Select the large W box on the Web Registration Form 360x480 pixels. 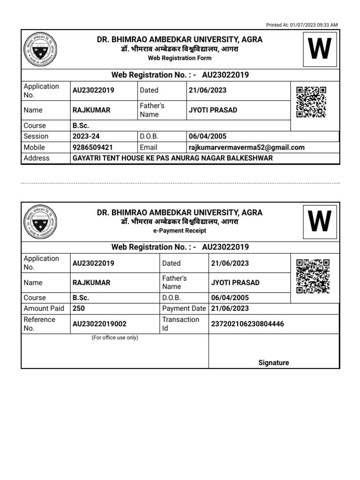click(320, 49)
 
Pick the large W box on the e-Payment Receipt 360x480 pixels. click(320, 222)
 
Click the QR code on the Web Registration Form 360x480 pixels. click(311, 102)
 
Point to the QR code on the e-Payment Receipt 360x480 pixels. click(313, 276)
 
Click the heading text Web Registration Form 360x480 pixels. click(180, 58)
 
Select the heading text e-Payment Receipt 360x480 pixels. click(180, 231)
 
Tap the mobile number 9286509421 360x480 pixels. click(93, 147)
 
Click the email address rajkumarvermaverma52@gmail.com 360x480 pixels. click(246, 147)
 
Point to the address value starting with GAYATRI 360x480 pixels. click(172, 158)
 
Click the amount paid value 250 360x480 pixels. click(79, 308)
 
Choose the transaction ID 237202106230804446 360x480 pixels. click(247, 324)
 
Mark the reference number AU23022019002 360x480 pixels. click(99, 324)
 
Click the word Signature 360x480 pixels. click(274, 362)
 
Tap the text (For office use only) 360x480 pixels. click(115, 337)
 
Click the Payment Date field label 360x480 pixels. click(184, 308)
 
